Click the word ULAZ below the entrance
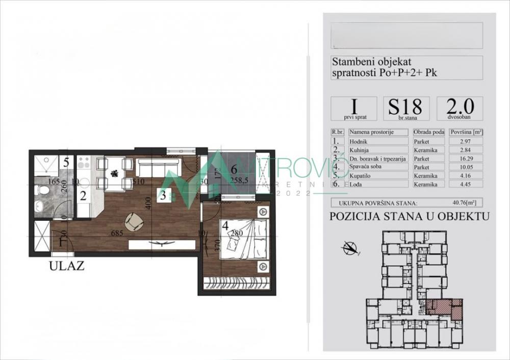point(67,265)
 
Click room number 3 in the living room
point(162,195)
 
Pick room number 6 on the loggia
point(234,169)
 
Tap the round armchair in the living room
point(134,221)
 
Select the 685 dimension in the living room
point(119,234)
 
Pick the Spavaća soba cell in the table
point(379,167)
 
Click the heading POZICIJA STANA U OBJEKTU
point(406,216)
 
